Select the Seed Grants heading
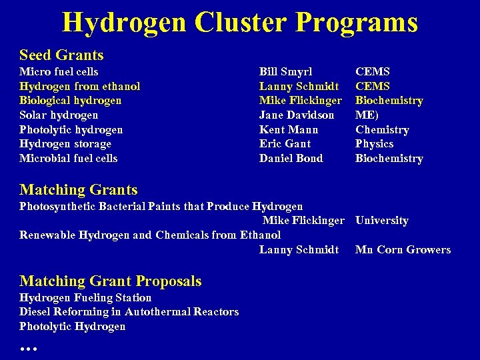tap(61, 55)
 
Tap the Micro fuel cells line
tap(59, 71)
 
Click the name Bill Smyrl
tap(285, 71)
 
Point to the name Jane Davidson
tap(297, 115)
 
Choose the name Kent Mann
tap(289, 129)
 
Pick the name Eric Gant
tap(285, 143)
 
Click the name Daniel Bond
tap(291, 158)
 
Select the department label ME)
tap(365, 115)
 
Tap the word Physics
tap(374, 143)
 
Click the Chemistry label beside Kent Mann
tap(382, 129)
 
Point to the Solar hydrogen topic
tap(59, 115)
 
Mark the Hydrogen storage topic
tap(65, 143)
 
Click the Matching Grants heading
tap(79, 190)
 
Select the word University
tap(382, 220)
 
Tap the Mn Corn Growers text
tap(403, 249)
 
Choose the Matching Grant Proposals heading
tap(111, 281)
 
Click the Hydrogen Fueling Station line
tap(85, 297)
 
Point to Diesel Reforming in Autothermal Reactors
tap(129, 311)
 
